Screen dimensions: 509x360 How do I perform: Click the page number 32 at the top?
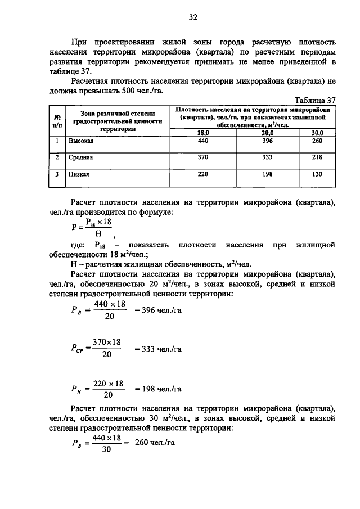(192, 17)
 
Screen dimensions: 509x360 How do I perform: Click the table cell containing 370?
(203, 157)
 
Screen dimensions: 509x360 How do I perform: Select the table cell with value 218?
(317, 157)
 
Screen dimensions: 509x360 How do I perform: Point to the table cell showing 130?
(317, 174)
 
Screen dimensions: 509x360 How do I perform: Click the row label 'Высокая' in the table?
(81, 141)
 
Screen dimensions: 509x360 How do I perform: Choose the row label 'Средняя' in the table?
(81, 158)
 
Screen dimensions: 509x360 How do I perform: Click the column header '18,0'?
(203, 132)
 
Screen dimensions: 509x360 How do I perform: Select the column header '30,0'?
(317, 132)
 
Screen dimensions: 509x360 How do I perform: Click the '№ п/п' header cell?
(57, 120)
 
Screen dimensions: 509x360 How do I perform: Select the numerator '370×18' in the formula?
(107, 343)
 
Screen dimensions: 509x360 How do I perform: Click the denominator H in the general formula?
(98, 233)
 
